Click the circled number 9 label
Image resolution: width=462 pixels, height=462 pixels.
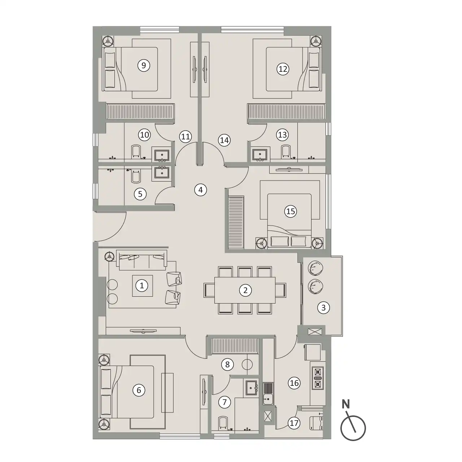[144, 65]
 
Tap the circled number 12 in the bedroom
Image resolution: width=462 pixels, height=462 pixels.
[283, 69]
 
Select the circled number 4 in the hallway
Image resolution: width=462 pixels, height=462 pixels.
[200, 190]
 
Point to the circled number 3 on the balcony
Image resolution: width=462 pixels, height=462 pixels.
[323, 308]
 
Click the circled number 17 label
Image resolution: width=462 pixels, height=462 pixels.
[294, 423]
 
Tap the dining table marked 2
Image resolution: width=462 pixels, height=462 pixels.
[245, 290]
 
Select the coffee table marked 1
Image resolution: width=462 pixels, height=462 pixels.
[143, 286]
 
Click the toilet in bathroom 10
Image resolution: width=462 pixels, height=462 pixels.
[136, 151]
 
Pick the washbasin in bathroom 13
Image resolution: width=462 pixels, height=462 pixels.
[260, 155]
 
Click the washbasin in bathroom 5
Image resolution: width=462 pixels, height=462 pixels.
[162, 173]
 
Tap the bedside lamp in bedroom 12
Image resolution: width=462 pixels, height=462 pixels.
[316, 42]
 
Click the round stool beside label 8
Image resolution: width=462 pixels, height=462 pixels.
[247, 365]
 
